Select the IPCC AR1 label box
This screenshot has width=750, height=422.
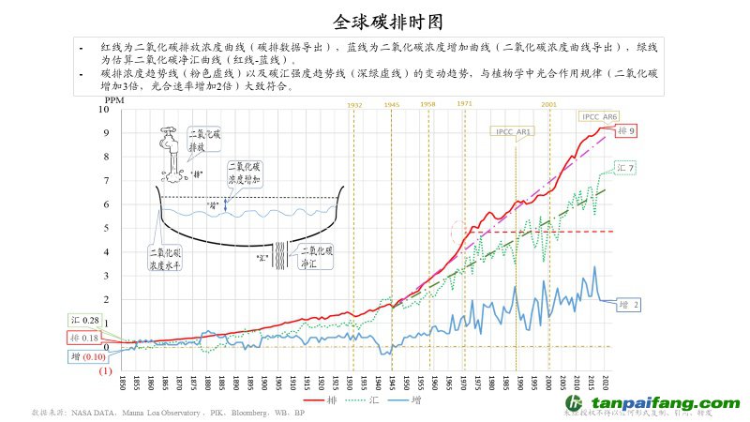pos(512,132)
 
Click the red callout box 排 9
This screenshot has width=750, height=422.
pos(626,131)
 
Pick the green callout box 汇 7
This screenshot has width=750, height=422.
pos(626,168)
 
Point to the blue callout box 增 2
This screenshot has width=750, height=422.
pos(630,305)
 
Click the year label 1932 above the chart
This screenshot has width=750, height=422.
pos(355,104)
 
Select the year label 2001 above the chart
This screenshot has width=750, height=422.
pos(549,104)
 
